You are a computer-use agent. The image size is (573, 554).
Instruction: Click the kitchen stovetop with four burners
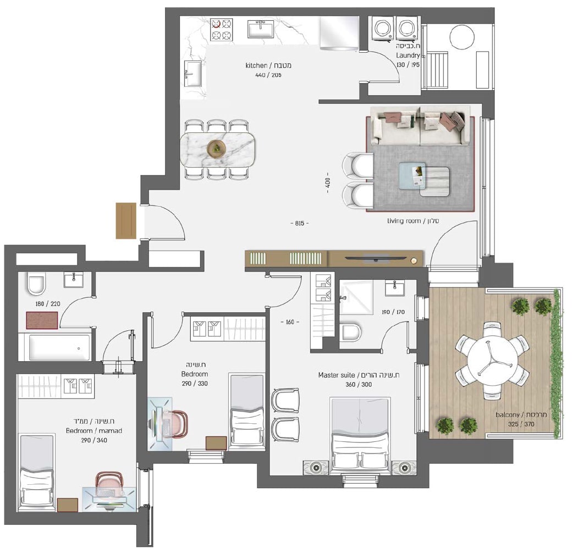pyautogui.click(x=222, y=30)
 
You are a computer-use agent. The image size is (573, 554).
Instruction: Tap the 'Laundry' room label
pyautogui.click(x=408, y=56)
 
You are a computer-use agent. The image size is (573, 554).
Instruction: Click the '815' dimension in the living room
pyautogui.click(x=300, y=224)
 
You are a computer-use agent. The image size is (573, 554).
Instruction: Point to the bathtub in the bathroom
pyautogui.click(x=59, y=347)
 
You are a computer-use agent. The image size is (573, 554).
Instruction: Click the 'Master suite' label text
pyautogui.click(x=336, y=375)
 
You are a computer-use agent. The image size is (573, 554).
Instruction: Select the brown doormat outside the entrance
pyautogui.click(x=126, y=220)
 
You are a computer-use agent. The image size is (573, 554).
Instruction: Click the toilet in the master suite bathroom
pyautogui.click(x=350, y=331)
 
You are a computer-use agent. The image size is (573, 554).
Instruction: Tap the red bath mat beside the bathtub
pyautogui.click(x=42, y=320)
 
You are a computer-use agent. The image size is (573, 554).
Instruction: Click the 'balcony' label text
pyautogui.click(x=508, y=415)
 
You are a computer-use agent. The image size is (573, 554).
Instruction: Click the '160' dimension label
pyautogui.click(x=290, y=322)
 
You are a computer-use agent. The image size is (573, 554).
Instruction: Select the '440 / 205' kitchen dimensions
pyautogui.click(x=268, y=75)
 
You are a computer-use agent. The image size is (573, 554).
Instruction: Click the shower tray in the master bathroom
pyautogui.click(x=356, y=298)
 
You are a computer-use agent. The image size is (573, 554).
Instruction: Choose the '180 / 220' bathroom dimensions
pyautogui.click(x=48, y=304)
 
